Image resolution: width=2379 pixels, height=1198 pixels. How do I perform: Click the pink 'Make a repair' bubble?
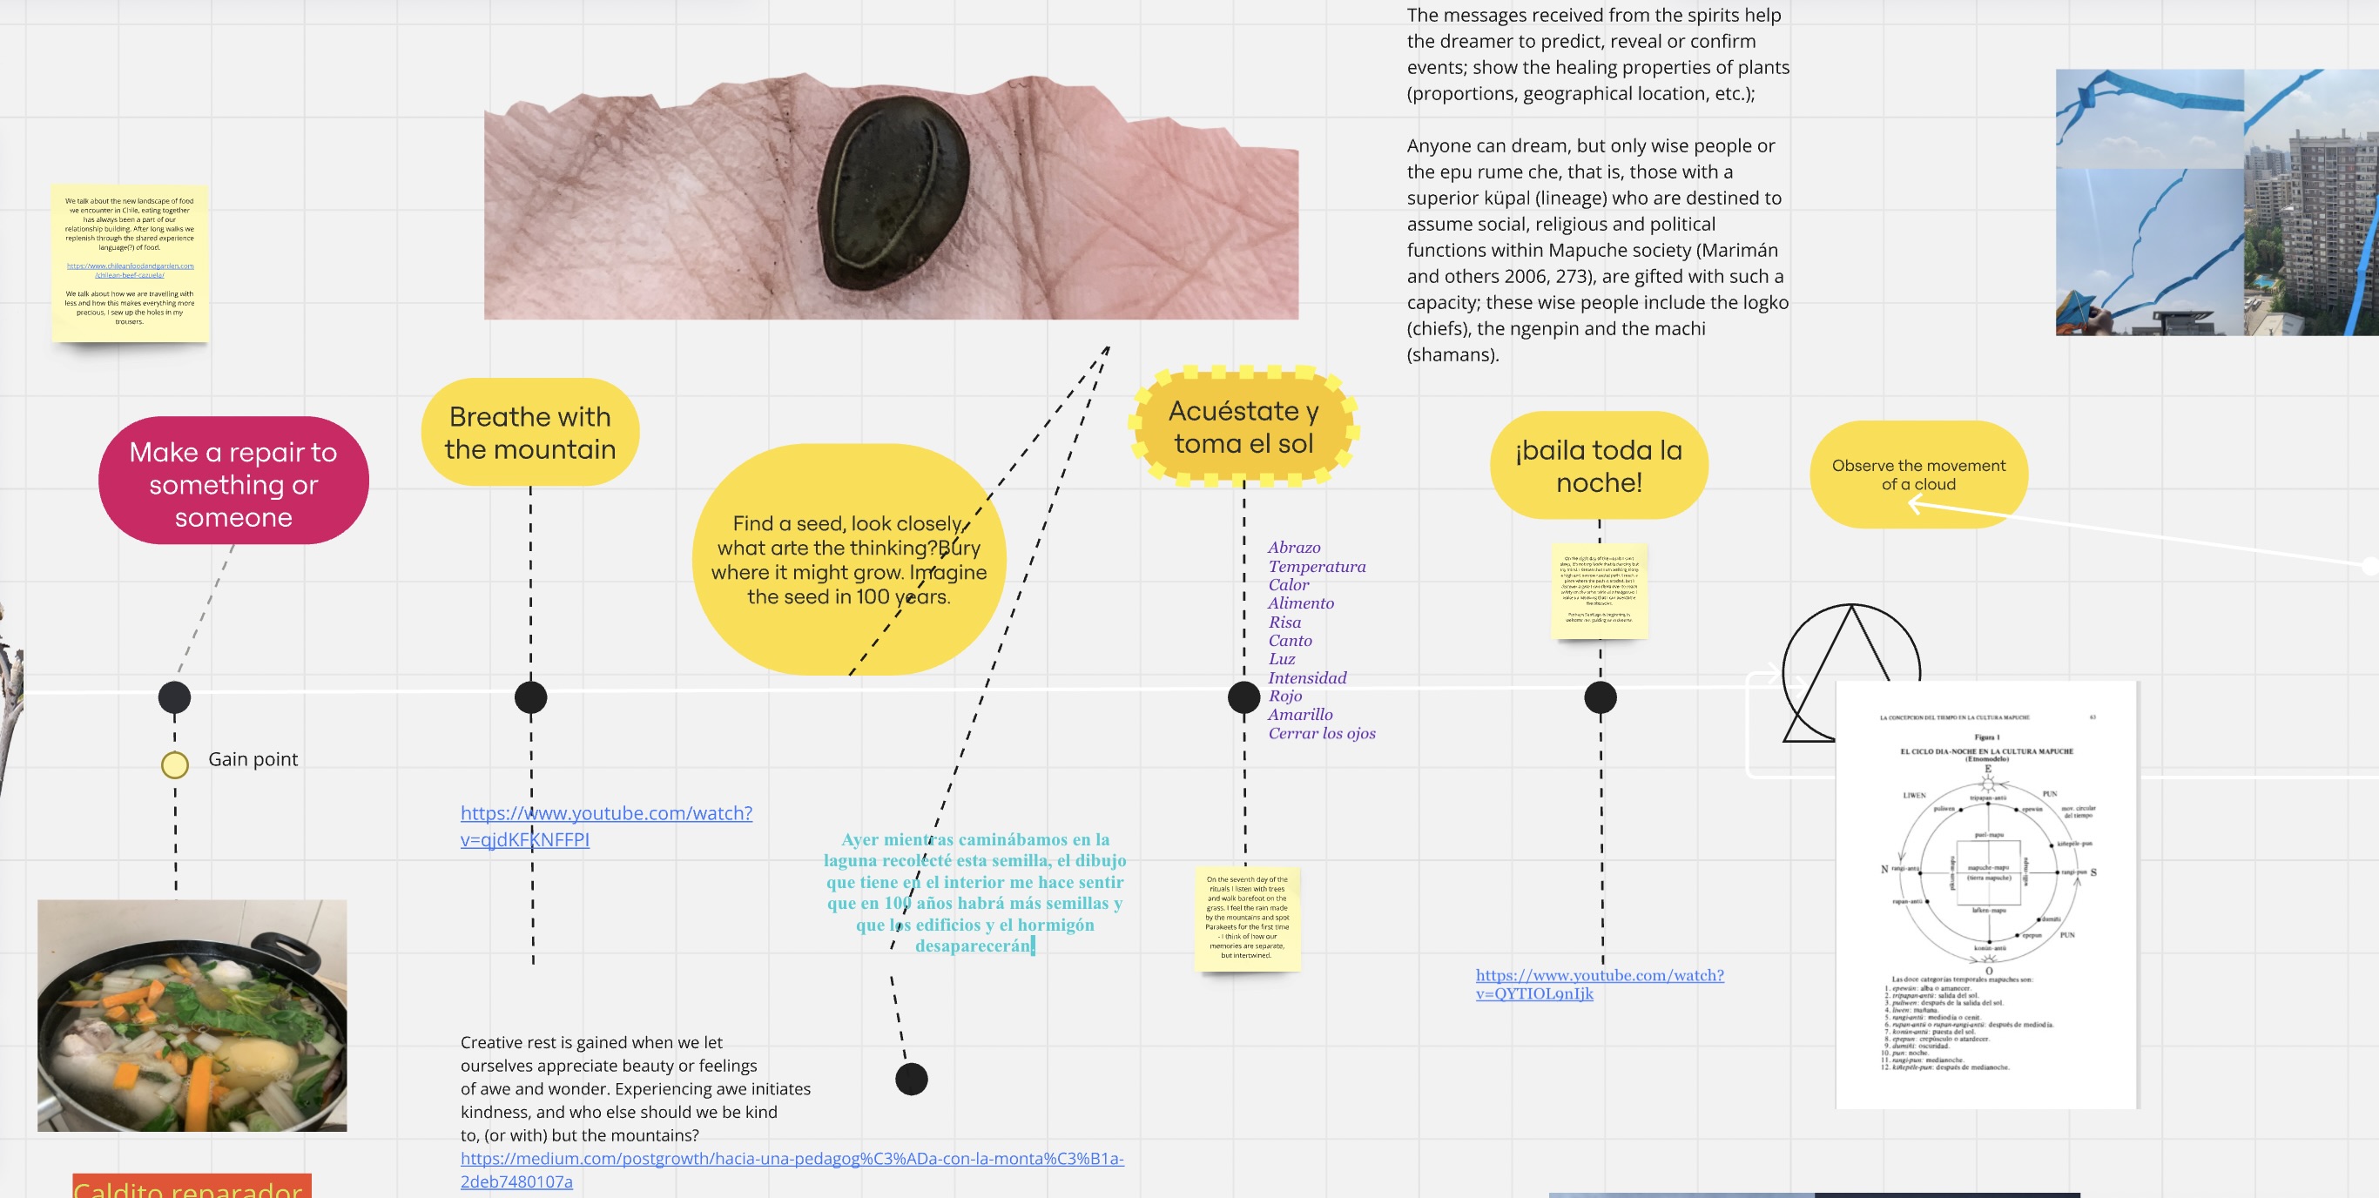coord(233,481)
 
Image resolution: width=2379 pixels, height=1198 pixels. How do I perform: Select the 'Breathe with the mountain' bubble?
coord(529,433)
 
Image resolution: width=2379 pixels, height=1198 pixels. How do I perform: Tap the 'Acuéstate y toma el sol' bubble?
coord(1243,427)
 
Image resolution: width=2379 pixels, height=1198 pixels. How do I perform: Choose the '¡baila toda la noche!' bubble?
coord(1599,466)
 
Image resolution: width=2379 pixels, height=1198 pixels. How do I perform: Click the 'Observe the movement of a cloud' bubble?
coord(1918,474)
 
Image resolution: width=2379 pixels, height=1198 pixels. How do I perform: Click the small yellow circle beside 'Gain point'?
coord(174,764)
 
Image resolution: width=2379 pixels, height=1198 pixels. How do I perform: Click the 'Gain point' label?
coord(253,759)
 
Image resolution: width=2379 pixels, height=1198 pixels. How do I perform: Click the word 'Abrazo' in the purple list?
coord(1294,548)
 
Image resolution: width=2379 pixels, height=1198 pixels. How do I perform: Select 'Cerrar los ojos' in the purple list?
coord(1322,733)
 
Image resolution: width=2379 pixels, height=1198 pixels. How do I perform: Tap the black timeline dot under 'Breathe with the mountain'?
coord(530,697)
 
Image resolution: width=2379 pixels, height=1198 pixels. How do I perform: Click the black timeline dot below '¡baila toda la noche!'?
coord(1600,697)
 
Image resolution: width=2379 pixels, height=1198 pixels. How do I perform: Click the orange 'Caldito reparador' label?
coord(192,1187)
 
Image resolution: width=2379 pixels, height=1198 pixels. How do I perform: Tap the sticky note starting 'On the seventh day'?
coord(1247,919)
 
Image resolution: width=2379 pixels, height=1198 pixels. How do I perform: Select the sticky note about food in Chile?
coord(131,262)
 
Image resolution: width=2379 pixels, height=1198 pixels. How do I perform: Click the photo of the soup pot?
coord(192,1015)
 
